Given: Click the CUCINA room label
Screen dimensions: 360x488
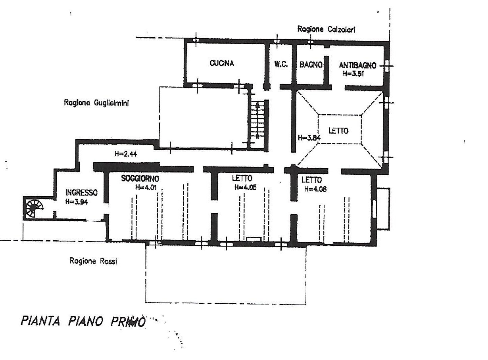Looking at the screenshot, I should (222, 63).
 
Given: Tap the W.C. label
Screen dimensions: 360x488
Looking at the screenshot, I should (281, 64).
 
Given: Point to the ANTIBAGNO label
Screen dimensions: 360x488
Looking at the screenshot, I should (357, 66).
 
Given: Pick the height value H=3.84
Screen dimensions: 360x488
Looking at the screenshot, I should (309, 138).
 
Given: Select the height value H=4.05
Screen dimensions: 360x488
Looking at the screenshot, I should (244, 188).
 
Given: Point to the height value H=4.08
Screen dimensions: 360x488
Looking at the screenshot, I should (315, 189).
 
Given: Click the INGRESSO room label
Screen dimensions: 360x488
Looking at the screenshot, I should (81, 193).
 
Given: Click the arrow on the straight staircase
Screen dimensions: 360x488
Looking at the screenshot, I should (257, 106).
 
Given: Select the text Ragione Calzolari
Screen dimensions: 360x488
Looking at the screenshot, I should (323, 29).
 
